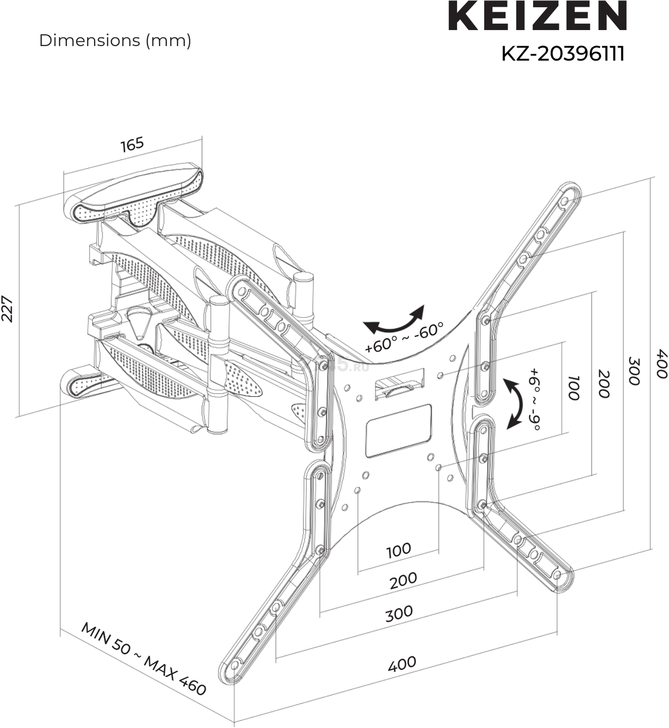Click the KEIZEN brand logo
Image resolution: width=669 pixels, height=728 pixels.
(537, 17)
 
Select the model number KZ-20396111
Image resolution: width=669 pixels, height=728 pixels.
(562, 54)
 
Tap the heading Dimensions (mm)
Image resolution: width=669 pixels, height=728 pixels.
(115, 41)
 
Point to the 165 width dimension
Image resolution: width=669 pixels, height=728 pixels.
(132, 144)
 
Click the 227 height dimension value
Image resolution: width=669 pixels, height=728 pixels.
(8, 309)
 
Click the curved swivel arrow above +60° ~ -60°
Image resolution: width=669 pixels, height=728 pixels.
(394, 320)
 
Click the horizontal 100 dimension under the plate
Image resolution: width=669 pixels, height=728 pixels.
(399, 550)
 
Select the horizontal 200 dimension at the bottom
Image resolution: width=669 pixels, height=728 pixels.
(403, 580)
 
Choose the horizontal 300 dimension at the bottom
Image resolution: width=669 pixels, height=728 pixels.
(399, 613)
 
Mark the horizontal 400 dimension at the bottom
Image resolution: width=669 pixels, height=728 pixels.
(402, 663)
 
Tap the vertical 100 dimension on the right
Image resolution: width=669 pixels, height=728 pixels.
(573, 387)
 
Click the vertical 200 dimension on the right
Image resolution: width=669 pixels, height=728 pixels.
(603, 383)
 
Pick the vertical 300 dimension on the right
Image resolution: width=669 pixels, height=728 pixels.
(634, 371)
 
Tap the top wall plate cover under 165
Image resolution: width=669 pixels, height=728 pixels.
(134, 197)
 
